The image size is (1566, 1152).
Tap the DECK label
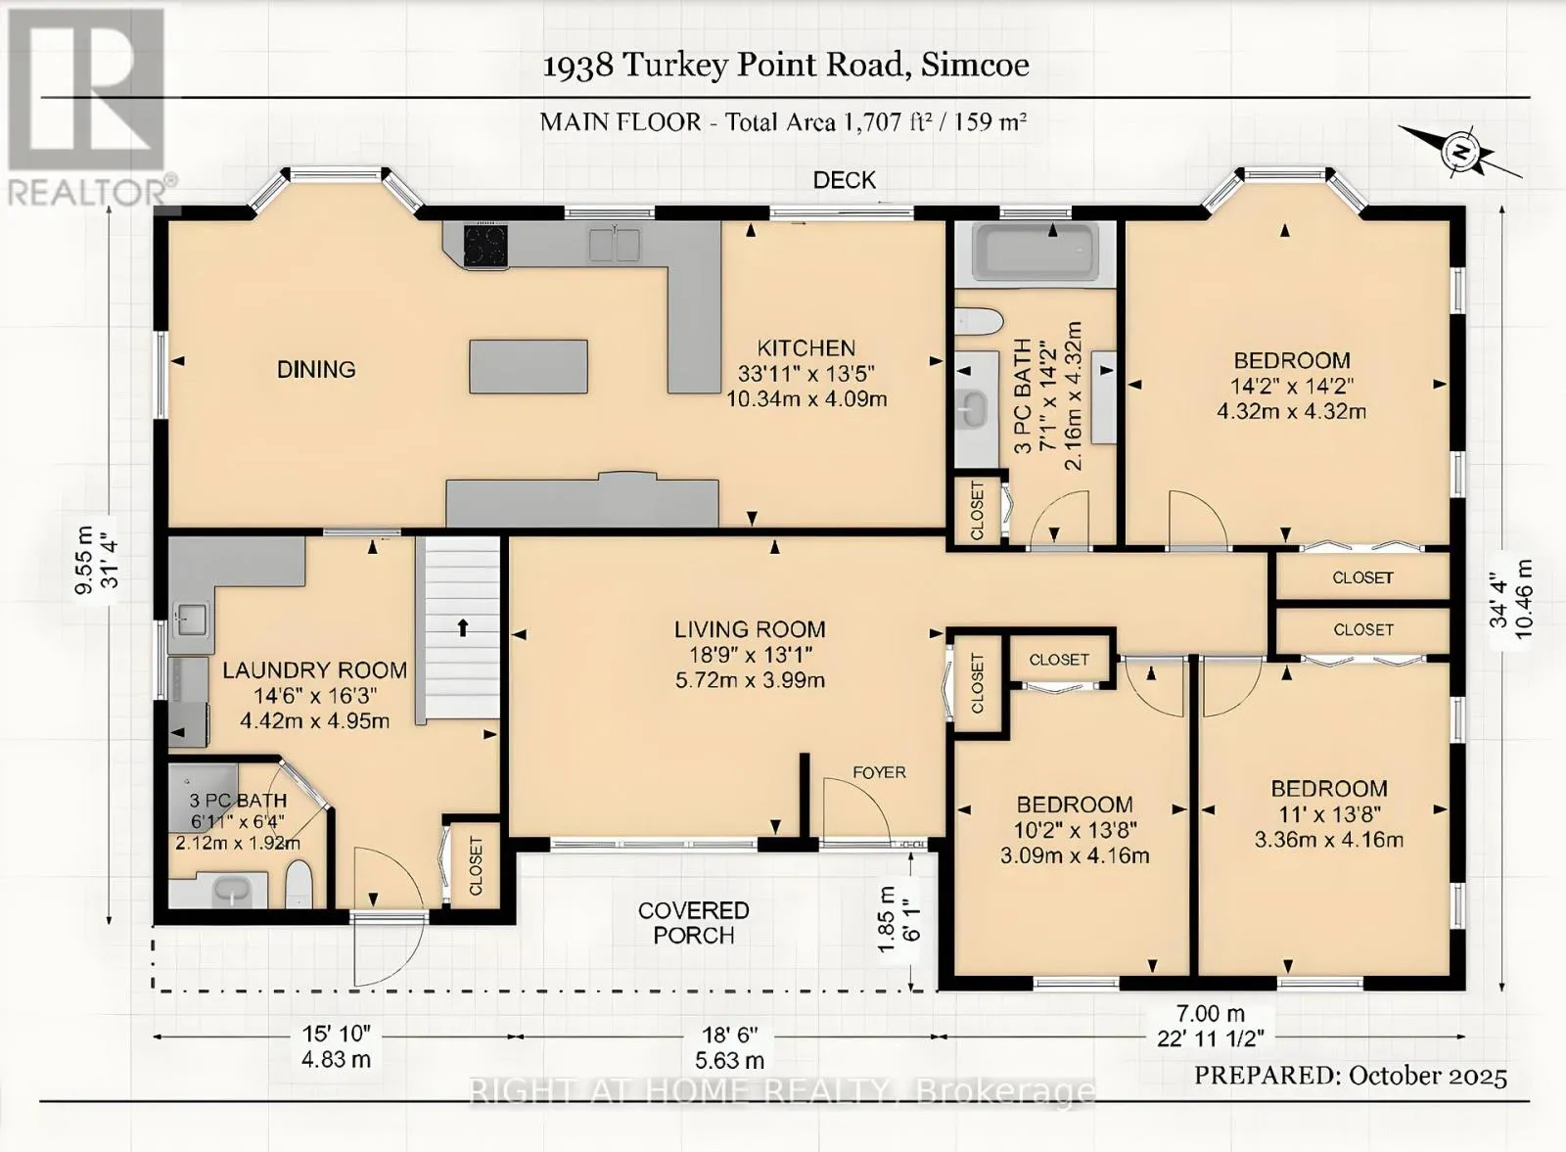coord(844,180)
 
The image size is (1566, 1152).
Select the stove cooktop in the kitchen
coord(485,246)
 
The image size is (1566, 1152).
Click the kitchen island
coord(529,366)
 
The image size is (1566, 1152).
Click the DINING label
coord(316,369)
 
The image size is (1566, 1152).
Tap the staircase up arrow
coord(462,627)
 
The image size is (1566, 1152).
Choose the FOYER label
coord(879,771)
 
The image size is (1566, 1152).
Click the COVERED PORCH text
coord(694,923)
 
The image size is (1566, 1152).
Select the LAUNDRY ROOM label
coord(314,669)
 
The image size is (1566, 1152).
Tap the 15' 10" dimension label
coord(337,1034)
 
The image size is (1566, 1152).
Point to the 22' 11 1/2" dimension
coord(1211,1038)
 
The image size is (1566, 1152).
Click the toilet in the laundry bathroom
coord(299,884)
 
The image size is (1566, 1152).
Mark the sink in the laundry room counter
coord(191,620)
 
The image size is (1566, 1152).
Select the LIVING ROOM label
coord(750,629)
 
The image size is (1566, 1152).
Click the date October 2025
coord(1428,1076)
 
